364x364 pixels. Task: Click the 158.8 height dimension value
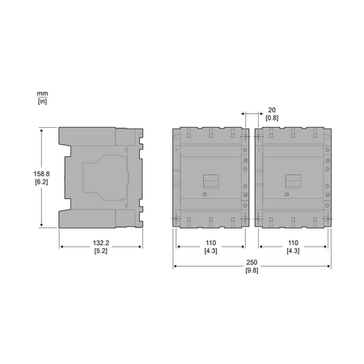tap(41, 174)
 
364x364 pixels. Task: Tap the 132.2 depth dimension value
tap(101, 243)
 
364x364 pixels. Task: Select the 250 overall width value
tap(252, 262)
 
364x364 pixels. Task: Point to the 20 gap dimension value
tap(272, 110)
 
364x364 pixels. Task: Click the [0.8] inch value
tap(272, 118)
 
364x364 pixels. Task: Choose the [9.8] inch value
tap(252, 270)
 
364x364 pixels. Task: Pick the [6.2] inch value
tap(41, 182)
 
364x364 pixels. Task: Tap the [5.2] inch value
tap(101, 251)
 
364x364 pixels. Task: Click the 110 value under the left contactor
tap(211, 243)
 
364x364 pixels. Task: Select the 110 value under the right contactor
tap(293, 243)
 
